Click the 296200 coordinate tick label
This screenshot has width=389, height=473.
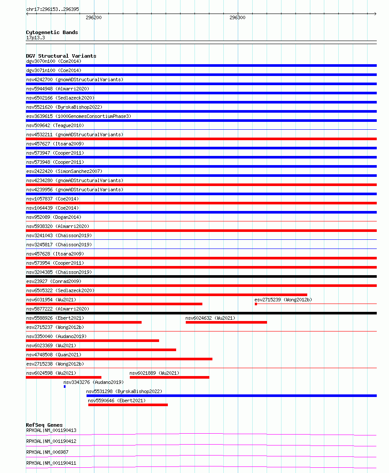(94, 17)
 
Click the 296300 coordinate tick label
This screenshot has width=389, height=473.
(237, 17)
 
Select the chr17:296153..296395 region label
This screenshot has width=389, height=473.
(52, 9)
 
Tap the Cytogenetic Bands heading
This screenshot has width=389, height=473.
(52, 32)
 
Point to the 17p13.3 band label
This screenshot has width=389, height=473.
(35, 38)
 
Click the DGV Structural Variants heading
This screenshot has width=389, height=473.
(61, 56)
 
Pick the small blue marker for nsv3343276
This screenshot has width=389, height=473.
(65, 387)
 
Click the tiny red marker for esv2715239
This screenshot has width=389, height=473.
(256, 304)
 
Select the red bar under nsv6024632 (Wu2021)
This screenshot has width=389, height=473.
(226, 322)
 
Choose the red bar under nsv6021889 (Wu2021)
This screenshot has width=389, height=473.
(169, 377)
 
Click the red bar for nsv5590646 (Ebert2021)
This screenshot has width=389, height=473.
(128, 405)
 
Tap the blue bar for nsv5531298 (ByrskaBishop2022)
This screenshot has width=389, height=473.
(231, 396)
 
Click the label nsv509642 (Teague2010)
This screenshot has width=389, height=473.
(55, 126)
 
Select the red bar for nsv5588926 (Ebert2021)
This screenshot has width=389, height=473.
(83, 322)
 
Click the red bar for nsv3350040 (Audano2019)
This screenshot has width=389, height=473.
(92, 341)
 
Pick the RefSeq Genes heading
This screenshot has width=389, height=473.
(44, 425)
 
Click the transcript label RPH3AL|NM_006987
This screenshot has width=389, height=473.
(47, 452)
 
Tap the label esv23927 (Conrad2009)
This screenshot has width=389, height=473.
(53, 282)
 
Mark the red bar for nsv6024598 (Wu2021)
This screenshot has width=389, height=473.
(63, 377)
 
